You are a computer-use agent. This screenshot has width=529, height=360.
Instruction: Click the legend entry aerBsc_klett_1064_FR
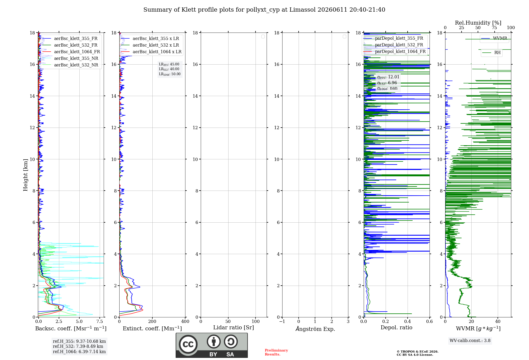(71, 52)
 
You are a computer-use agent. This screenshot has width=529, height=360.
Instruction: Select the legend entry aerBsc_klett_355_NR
(70, 58)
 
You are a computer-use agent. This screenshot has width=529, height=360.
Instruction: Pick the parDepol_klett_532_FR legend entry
(393, 45)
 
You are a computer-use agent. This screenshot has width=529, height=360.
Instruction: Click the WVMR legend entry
(494, 38)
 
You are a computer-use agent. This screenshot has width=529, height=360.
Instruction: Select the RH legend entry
(491, 53)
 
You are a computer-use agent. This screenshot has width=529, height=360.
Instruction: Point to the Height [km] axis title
(25, 175)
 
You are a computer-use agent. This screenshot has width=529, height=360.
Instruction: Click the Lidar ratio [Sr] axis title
(234, 328)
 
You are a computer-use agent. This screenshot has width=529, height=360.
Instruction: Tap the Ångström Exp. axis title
(315, 329)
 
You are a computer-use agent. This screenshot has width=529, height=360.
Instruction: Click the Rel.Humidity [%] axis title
(478, 23)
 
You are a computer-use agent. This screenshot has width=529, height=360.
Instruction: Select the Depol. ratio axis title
(396, 328)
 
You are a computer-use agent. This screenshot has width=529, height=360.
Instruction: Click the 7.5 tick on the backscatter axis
(100, 322)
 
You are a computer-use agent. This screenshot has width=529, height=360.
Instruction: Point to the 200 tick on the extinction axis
(152, 322)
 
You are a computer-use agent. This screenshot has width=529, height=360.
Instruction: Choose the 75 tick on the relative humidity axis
(494, 28)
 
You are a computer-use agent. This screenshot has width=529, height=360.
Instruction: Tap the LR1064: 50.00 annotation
(170, 74)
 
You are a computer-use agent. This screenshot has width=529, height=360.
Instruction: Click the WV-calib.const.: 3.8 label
(470, 341)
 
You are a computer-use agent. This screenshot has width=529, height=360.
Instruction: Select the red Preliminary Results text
(276, 352)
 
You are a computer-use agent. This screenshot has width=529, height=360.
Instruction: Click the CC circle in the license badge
(188, 344)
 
